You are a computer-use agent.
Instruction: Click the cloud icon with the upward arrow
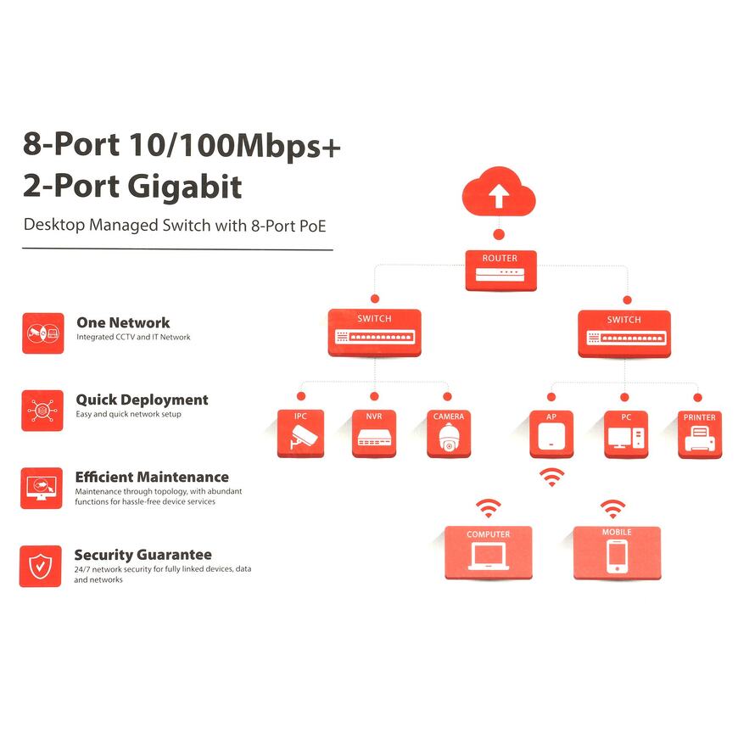(x=499, y=194)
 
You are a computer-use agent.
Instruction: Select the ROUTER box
(x=500, y=271)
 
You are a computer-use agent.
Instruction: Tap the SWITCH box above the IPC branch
(x=374, y=333)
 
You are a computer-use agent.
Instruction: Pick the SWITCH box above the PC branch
(x=624, y=333)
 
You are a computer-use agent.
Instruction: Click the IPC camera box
(x=300, y=433)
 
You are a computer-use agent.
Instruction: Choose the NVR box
(x=374, y=433)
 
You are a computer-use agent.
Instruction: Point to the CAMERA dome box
(x=449, y=433)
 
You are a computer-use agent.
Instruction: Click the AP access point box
(x=551, y=434)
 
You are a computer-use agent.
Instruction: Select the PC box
(x=626, y=434)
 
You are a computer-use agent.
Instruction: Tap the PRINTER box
(x=700, y=434)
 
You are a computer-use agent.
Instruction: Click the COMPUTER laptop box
(x=489, y=551)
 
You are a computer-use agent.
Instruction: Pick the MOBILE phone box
(x=617, y=551)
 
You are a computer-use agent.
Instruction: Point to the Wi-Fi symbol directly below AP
(x=552, y=477)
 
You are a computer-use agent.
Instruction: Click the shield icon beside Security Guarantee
(x=41, y=566)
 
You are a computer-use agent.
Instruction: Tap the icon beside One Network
(x=43, y=333)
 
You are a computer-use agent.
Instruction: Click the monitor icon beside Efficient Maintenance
(x=42, y=488)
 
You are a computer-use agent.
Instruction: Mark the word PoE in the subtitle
(x=311, y=226)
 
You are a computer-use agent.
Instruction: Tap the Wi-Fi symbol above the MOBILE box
(x=612, y=509)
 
